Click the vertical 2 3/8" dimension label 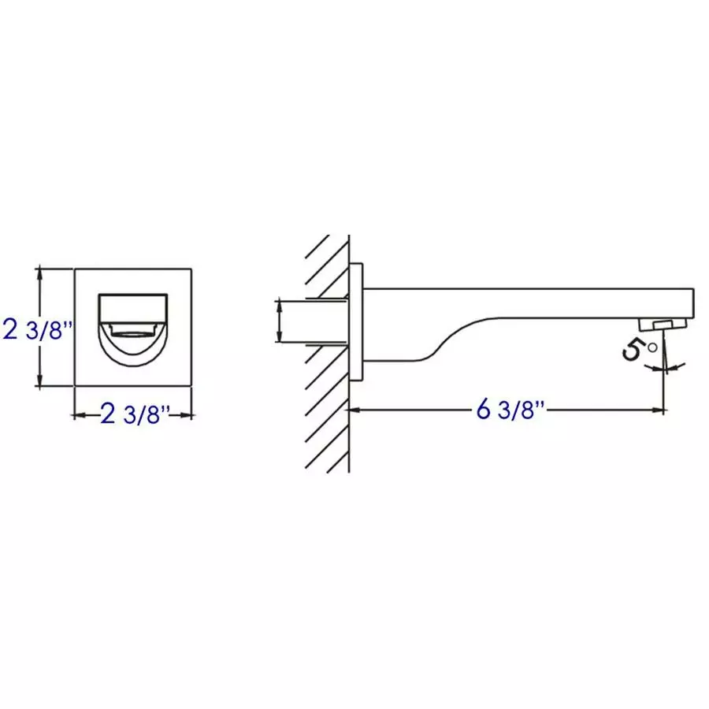37,330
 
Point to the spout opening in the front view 133,329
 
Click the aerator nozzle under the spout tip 663,324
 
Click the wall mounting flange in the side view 356,322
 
